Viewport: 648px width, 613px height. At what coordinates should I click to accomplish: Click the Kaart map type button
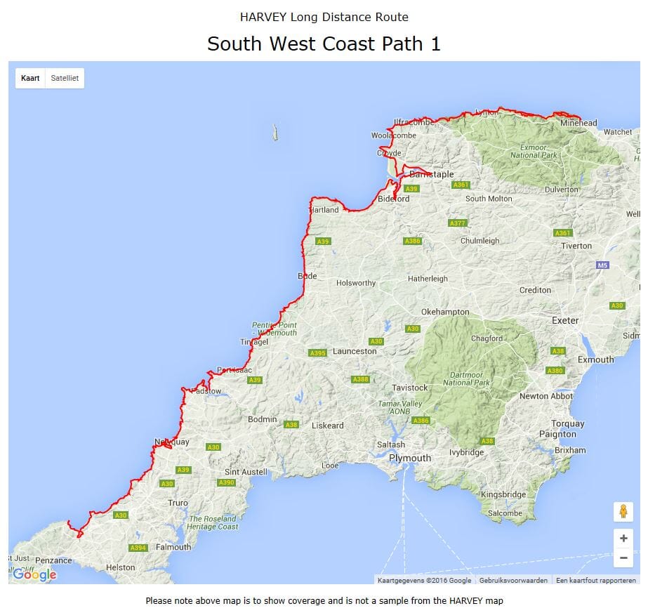[30, 78]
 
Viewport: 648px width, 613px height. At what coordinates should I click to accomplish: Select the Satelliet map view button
[65, 78]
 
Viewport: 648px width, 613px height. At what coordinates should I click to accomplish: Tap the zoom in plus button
[623, 539]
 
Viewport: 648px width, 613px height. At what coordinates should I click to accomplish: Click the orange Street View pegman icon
[623, 511]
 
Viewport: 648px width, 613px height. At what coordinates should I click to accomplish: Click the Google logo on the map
[34, 575]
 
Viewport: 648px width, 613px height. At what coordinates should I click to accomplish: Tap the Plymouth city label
[410, 458]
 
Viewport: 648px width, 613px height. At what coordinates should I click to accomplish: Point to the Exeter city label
[565, 320]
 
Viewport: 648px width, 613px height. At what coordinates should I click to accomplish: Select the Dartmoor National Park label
[467, 378]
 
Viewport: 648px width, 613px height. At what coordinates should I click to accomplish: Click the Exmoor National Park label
[534, 151]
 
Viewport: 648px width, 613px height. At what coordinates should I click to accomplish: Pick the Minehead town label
[578, 123]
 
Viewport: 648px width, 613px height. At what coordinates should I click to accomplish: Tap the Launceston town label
[355, 351]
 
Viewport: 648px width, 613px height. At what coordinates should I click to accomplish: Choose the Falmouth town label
[173, 547]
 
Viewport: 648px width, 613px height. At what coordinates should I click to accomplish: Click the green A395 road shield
[318, 353]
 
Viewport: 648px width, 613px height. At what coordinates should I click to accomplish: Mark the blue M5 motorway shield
[602, 265]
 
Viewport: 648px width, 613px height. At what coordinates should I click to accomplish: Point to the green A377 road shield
[457, 223]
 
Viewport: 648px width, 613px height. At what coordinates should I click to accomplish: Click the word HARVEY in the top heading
[267, 17]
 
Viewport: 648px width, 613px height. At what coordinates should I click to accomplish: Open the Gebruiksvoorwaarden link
[513, 580]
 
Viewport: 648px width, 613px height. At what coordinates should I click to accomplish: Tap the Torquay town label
[567, 423]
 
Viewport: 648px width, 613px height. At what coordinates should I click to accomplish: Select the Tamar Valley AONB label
[400, 409]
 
